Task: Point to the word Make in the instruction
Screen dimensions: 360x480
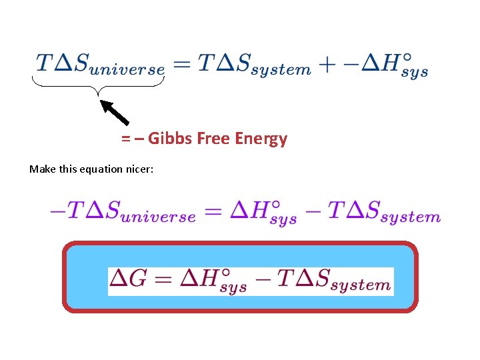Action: click(40, 169)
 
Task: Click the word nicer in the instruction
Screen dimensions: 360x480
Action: click(139, 169)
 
